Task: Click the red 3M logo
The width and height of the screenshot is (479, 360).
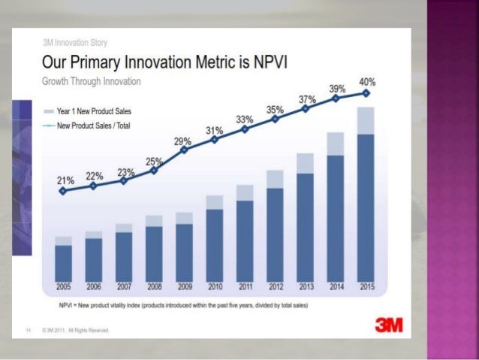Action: (x=388, y=325)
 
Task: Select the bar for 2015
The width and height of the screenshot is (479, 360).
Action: (x=366, y=203)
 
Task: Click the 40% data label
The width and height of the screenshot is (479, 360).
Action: (x=366, y=82)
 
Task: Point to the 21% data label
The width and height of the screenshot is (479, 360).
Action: (x=65, y=180)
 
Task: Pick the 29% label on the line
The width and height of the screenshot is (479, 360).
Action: (x=182, y=141)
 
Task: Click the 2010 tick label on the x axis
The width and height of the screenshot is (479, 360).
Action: (x=215, y=286)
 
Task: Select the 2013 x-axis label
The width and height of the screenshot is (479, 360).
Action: (x=305, y=286)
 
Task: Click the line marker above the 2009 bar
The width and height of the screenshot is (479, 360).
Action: (x=185, y=150)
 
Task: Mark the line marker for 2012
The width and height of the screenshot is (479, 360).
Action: (x=275, y=119)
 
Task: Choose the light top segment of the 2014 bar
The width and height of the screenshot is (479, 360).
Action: (x=336, y=144)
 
